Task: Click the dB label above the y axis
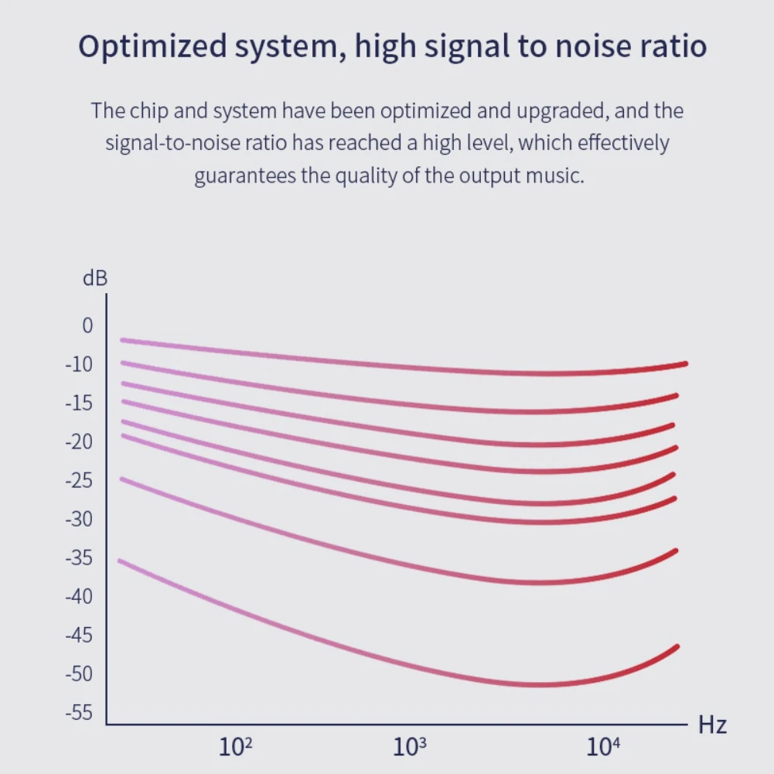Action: click(95, 278)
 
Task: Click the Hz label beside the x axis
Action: click(712, 725)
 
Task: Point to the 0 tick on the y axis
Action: click(87, 326)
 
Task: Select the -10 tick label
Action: click(79, 364)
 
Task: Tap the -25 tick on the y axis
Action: click(79, 480)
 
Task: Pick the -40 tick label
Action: click(79, 596)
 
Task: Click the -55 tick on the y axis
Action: click(79, 712)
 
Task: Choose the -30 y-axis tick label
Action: click(79, 519)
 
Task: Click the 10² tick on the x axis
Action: click(236, 746)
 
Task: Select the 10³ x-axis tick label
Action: click(409, 746)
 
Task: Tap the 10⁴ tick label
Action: click(602, 746)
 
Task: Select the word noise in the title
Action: click(593, 46)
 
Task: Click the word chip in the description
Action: click(148, 111)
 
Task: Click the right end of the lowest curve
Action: click(677, 646)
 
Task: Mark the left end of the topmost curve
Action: click(122, 340)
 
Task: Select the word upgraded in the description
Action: click(561, 111)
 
